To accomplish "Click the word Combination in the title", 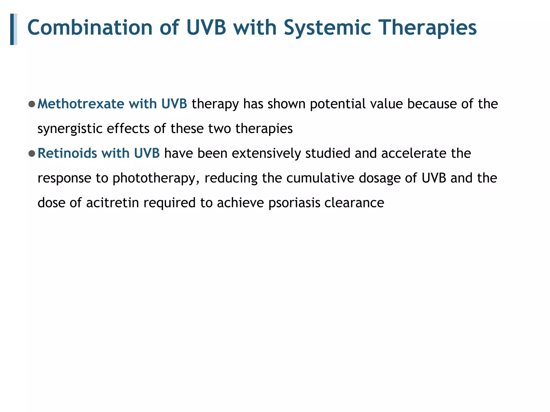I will coord(90,28).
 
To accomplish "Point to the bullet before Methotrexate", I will coord(32,104).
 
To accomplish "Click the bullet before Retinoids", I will coord(32,153).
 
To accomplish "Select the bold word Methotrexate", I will coord(81,104).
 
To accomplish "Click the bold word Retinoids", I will coord(67,153).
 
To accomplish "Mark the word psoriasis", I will coord(294,203).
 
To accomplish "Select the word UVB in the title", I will coord(206,28).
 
